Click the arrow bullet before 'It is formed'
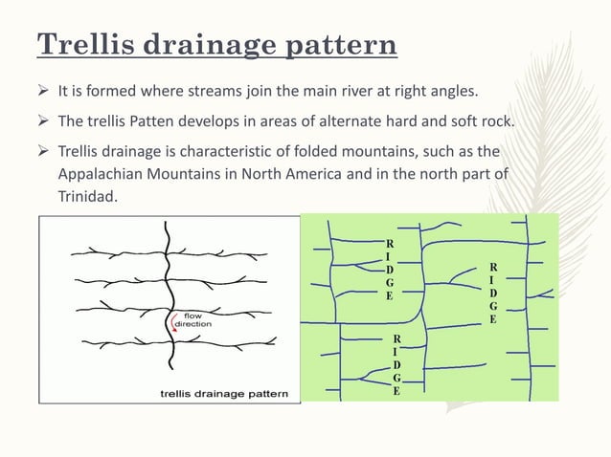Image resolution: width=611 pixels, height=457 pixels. [45, 93]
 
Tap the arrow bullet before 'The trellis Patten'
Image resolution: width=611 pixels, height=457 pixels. [45, 122]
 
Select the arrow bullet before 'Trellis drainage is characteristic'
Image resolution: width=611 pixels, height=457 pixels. [45, 153]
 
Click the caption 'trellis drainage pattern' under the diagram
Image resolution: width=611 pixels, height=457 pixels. [227, 393]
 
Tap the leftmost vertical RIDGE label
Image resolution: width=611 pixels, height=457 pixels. [388, 270]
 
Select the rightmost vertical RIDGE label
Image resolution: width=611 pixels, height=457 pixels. [492, 292]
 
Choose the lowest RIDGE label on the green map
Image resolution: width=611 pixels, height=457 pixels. [396, 365]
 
